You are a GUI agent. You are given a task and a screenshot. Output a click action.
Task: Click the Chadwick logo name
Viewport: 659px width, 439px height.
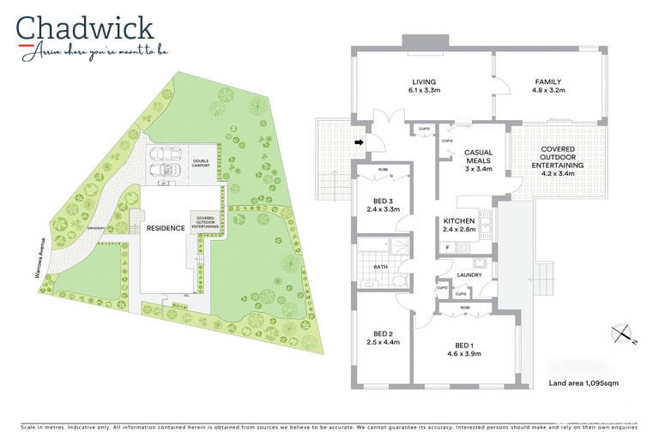pyautogui.click(x=85, y=28)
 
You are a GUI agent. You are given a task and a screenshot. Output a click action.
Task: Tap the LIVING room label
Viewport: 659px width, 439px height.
pyautogui.click(x=424, y=81)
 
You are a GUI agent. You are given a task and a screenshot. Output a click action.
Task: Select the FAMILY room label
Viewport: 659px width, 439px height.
pyautogui.click(x=548, y=81)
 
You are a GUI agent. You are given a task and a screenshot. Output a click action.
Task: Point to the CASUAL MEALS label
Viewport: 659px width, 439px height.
pyautogui.click(x=478, y=158)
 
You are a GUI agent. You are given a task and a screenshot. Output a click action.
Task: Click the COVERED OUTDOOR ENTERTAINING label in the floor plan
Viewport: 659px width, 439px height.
pyautogui.click(x=557, y=158)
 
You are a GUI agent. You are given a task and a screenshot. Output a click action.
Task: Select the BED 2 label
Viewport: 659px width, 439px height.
pyautogui.click(x=382, y=334)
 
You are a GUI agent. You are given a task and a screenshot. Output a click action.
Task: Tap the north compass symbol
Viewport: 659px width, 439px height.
pyautogui.click(x=621, y=334)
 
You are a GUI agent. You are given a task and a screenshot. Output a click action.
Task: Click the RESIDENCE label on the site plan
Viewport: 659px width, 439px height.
pyautogui.click(x=166, y=228)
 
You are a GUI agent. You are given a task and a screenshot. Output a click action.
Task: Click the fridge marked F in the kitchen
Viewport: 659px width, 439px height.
pyautogui.click(x=447, y=247)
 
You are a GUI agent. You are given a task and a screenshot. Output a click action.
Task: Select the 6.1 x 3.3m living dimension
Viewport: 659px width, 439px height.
pyautogui.click(x=424, y=90)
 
